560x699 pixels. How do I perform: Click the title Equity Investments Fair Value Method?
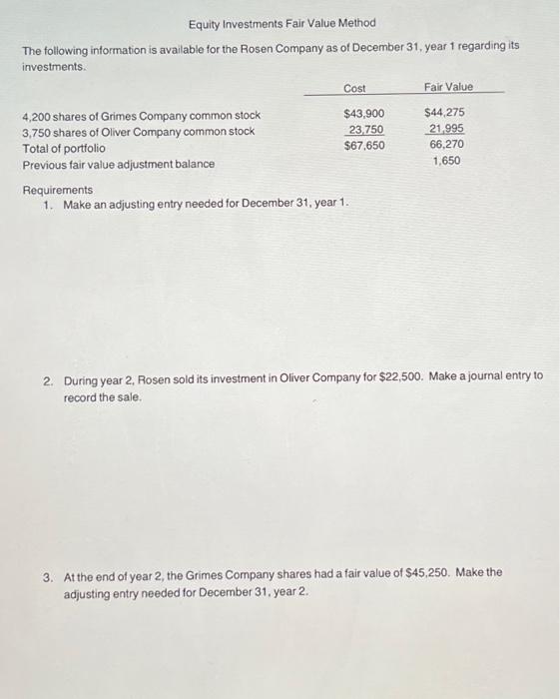pos(282,23)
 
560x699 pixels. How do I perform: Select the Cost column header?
pos(354,88)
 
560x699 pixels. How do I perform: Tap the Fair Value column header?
pos(448,87)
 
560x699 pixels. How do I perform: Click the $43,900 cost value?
pos(363,115)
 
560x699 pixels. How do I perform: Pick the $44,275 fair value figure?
pos(444,114)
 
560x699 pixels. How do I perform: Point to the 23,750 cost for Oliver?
pos(366,130)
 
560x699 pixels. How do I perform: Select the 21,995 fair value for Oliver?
pos(446,130)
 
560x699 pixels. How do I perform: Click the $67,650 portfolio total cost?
pos(363,146)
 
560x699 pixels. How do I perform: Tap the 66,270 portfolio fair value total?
pos(446,146)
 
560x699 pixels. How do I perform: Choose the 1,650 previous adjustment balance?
pos(446,161)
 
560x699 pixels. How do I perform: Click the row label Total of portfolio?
pos(64,148)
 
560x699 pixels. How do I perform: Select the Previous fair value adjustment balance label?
pos(118,164)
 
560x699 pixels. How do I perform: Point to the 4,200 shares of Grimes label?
pos(141,116)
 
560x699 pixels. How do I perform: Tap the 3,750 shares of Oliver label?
pos(138,132)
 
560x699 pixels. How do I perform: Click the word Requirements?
pos(57,190)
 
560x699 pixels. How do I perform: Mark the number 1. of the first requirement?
pos(49,205)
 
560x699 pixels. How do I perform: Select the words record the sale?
pos(103,396)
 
